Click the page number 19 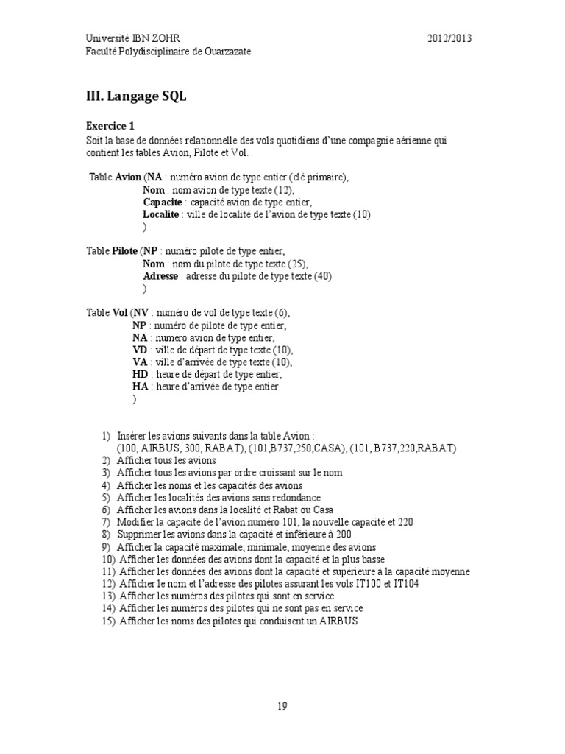tap(282, 706)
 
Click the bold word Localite tap(160, 215)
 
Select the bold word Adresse tap(160, 276)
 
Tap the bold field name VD tap(140, 350)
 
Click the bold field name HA tap(140, 387)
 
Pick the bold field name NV tap(140, 313)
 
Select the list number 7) tap(106, 522)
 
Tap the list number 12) tap(108, 584)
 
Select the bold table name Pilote tap(124, 251)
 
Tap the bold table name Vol tap(120, 313)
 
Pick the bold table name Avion tap(128, 177)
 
